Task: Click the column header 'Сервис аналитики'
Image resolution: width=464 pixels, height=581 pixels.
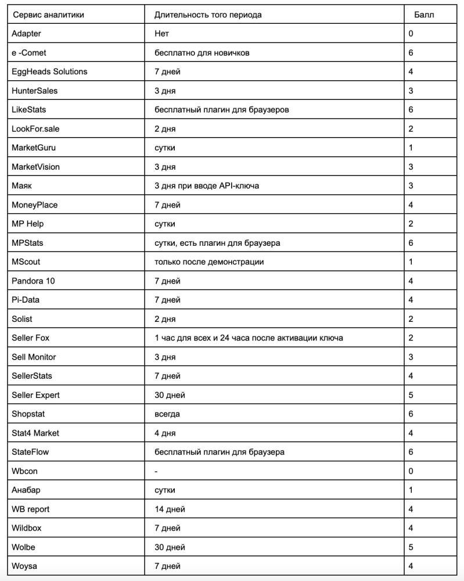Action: pyautogui.click(x=48, y=15)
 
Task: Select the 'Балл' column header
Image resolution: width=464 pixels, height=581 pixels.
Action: pyautogui.click(x=424, y=15)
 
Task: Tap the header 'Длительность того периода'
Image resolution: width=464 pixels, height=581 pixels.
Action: pyautogui.click(x=208, y=15)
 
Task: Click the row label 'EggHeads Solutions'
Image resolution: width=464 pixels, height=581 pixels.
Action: pyautogui.click(x=49, y=71)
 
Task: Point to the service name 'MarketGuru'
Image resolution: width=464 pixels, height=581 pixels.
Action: pyautogui.click(x=34, y=148)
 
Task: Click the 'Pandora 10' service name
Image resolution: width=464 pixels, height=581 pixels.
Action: pyautogui.click(x=33, y=281)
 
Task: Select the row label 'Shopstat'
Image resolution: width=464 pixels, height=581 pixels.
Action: pyautogui.click(x=28, y=414)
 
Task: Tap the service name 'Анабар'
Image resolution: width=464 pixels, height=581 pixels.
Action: pyautogui.click(x=26, y=490)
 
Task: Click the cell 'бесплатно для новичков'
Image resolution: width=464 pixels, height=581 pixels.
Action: pyautogui.click(x=202, y=52)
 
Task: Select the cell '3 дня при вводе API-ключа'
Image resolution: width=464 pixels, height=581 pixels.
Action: pyautogui.click(x=207, y=185)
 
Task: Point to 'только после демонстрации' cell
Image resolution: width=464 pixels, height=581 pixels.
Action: pyautogui.click(x=209, y=261)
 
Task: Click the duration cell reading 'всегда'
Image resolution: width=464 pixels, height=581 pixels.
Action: pyautogui.click(x=167, y=414)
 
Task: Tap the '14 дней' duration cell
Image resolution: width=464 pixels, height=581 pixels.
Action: pyautogui.click(x=170, y=509)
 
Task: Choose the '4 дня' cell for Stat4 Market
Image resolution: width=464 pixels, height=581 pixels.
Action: pyautogui.click(x=165, y=433)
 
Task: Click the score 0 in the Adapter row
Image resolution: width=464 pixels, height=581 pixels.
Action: pyautogui.click(x=411, y=34)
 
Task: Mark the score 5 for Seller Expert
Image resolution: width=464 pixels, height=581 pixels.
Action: pyautogui.click(x=411, y=395)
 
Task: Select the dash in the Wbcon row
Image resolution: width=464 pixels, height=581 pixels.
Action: pyautogui.click(x=156, y=471)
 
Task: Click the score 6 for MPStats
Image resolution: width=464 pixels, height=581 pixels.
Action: pyautogui.click(x=411, y=243)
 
